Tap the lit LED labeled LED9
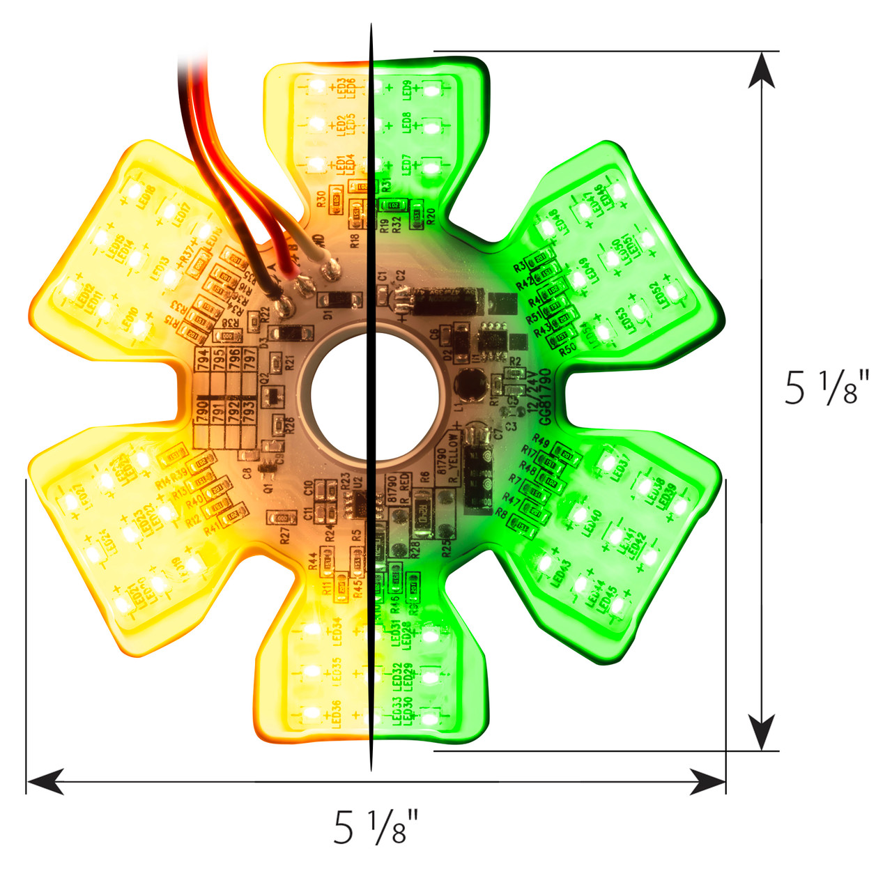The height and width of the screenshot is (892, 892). pyautogui.click(x=431, y=90)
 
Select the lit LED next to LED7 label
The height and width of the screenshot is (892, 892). pyautogui.click(x=431, y=167)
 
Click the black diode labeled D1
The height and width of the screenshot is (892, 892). pyautogui.click(x=340, y=300)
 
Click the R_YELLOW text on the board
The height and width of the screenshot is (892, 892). pyautogui.click(x=453, y=460)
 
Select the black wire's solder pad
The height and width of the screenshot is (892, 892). pyautogui.click(x=284, y=304)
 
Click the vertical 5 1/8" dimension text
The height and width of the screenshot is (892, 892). pyautogui.click(x=827, y=387)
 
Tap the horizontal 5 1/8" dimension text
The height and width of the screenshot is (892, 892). pyautogui.click(x=376, y=827)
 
